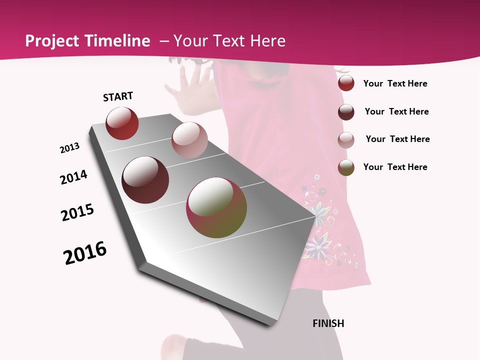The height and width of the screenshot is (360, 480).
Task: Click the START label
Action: pos(118,96)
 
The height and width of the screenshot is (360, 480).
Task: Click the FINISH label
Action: pos(328,323)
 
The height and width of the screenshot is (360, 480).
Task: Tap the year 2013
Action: pos(69,148)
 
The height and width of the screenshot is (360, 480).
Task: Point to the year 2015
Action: pos(77,212)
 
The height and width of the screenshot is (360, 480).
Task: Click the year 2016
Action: pos(85,253)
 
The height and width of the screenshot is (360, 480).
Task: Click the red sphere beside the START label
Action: pos(122,123)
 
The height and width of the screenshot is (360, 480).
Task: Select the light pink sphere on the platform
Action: pos(189,140)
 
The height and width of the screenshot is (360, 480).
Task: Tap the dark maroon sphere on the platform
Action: pos(145,180)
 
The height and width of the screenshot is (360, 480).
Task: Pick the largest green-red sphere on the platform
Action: pos(216,207)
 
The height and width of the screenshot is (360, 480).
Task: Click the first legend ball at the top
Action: pos(346,83)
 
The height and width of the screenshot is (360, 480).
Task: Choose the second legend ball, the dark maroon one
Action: pos(346,111)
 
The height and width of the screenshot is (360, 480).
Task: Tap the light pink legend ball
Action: pos(346,139)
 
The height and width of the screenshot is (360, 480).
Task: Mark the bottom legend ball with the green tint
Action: pos(346,167)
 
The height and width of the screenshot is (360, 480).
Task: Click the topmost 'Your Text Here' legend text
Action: pos(395,83)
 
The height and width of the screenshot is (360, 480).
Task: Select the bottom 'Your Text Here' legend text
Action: pos(395,167)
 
